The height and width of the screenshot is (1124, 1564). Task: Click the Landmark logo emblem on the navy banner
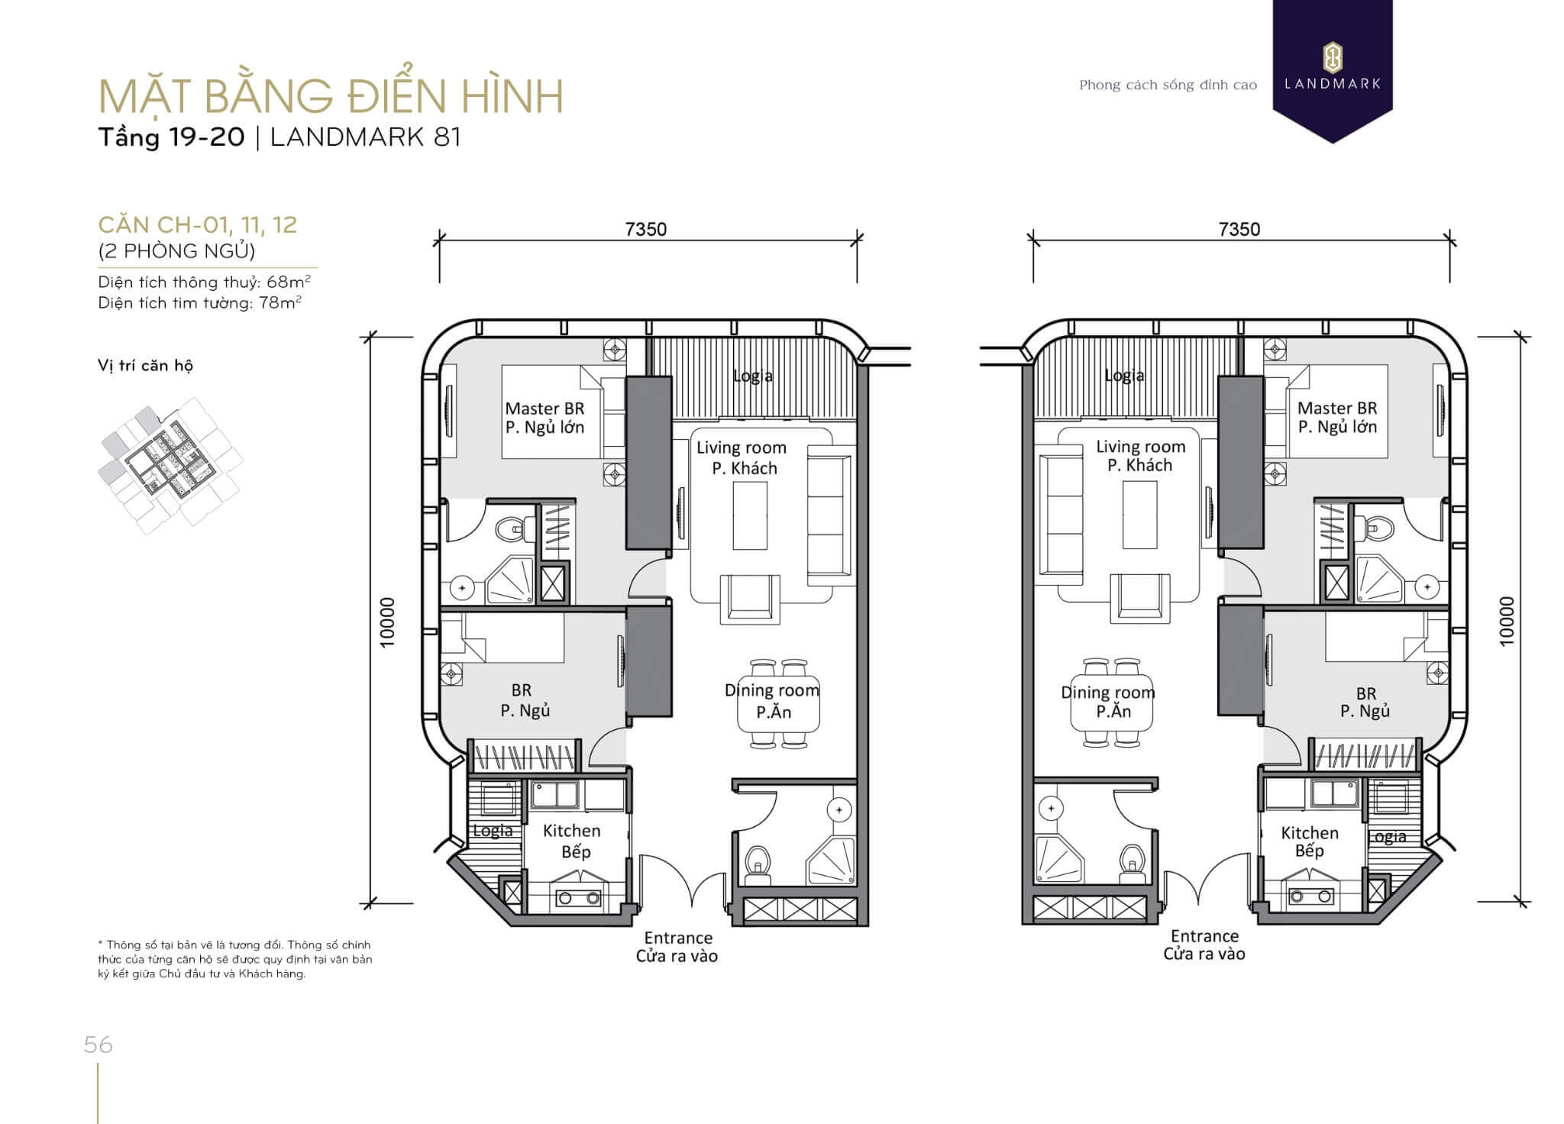(x=1333, y=59)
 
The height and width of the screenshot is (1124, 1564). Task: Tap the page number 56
(x=99, y=1045)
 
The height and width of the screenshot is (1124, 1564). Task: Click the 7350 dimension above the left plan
(x=646, y=229)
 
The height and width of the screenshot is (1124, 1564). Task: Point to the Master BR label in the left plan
(x=544, y=409)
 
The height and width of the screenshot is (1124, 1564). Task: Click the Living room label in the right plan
(x=1141, y=447)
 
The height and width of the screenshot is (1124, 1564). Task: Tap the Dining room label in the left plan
(x=772, y=690)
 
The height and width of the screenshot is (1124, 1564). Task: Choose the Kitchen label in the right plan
(x=1310, y=833)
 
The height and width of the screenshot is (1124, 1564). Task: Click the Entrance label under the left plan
(x=678, y=938)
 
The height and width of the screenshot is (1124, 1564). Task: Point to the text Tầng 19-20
(x=171, y=137)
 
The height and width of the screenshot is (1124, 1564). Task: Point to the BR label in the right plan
(x=1366, y=693)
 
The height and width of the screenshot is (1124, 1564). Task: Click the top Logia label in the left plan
(x=752, y=376)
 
